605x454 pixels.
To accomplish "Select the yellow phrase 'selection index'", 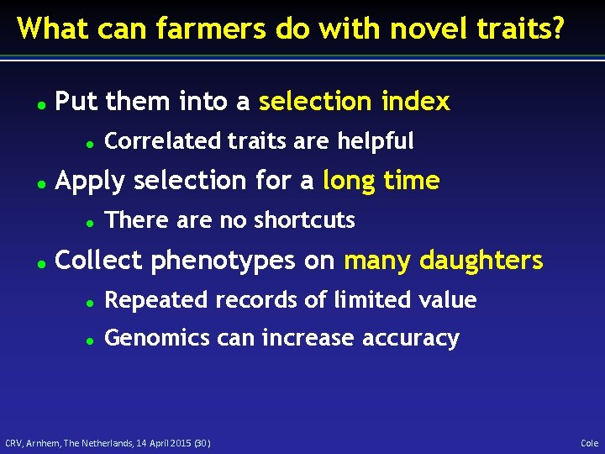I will coord(355,102).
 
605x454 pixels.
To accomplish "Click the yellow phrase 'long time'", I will coord(381,181).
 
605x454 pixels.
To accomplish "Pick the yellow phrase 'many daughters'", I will coord(444,261).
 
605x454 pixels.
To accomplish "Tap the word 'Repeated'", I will coord(151,300).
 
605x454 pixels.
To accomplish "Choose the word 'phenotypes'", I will coord(231,261).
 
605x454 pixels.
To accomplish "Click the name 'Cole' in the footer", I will coord(589,443).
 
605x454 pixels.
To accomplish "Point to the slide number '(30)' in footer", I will coord(203,443).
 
